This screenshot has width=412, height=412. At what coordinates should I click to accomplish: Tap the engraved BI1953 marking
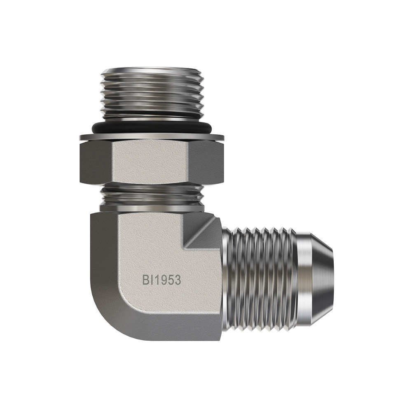162,280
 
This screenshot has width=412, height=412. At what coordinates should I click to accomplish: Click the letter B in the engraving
146,280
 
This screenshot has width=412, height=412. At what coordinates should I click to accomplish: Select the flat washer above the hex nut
152,137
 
